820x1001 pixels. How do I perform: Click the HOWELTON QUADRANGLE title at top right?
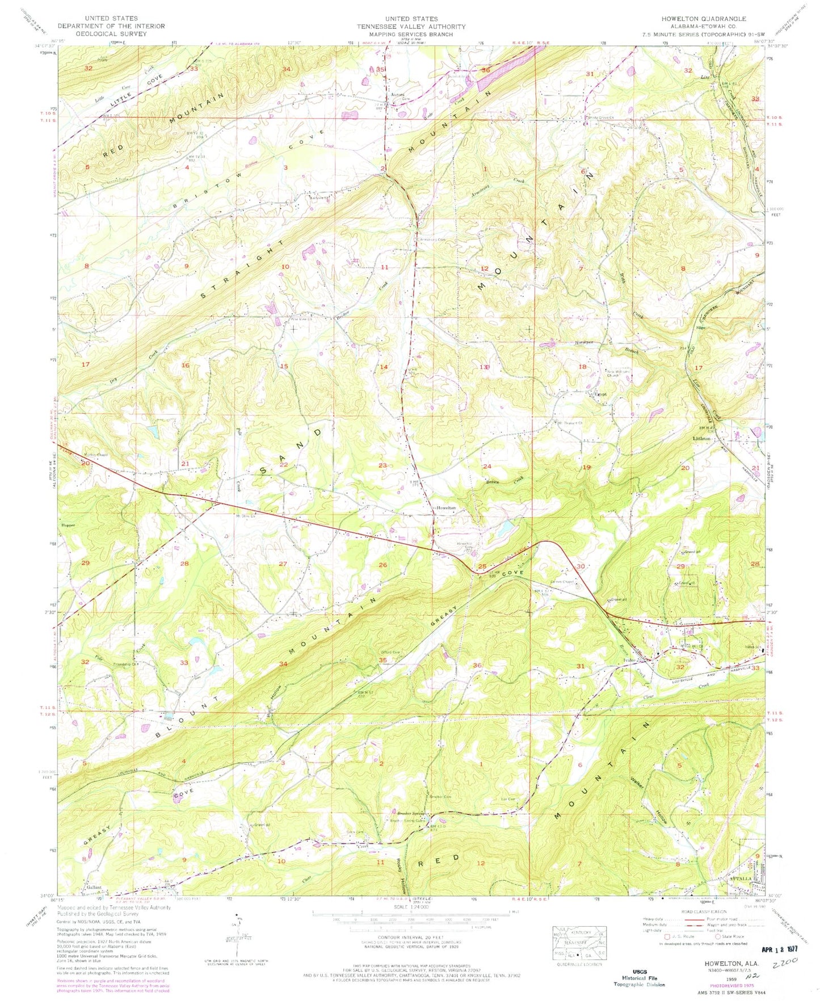click(x=703, y=19)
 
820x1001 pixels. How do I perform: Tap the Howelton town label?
click(x=445, y=508)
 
